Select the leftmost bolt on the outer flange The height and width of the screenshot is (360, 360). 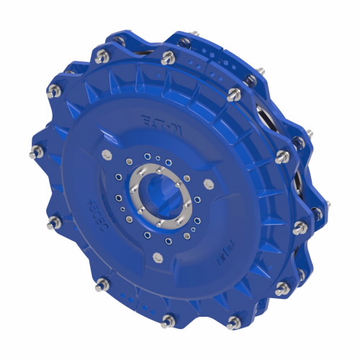[34, 152]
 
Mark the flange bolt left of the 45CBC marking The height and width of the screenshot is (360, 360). [51, 216]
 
